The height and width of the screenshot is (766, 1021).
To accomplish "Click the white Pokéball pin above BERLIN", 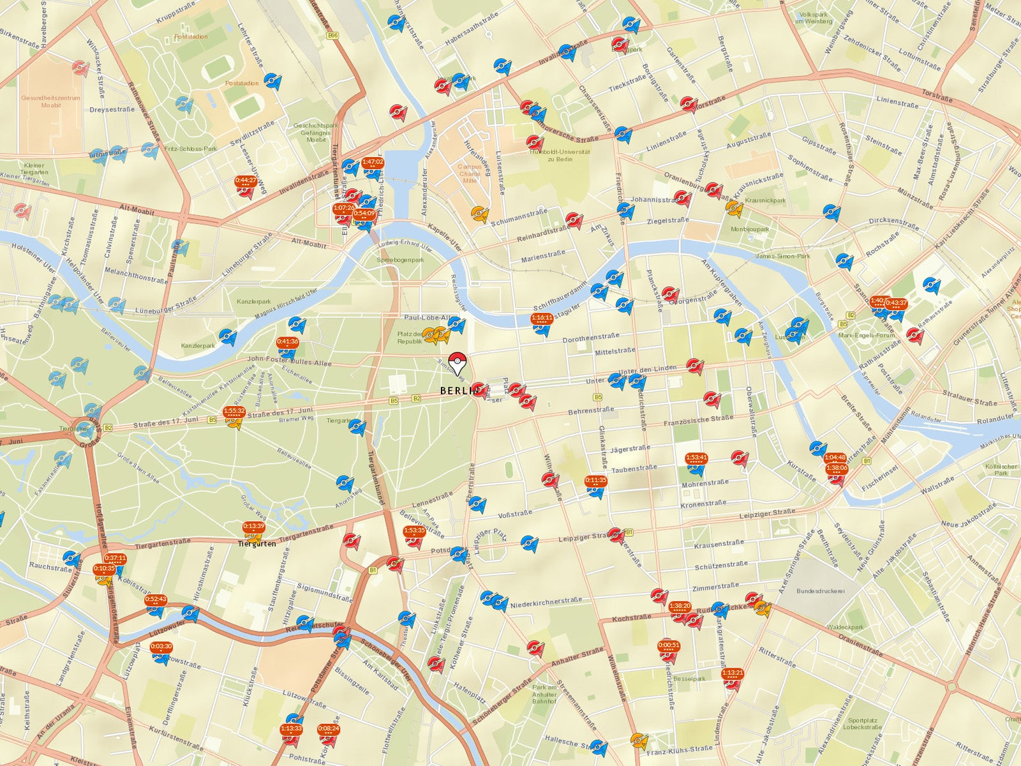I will [x=457, y=362].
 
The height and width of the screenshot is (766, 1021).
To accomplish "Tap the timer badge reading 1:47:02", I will [x=373, y=162].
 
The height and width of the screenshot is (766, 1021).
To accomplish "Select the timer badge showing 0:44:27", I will [x=246, y=181].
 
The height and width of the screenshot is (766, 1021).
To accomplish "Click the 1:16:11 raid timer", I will [x=542, y=317].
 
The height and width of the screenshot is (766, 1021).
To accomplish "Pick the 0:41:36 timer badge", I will [x=288, y=342].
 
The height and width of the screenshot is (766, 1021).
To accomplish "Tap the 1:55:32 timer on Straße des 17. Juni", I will [x=234, y=411].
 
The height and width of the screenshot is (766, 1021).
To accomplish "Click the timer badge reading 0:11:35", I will [x=596, y=480].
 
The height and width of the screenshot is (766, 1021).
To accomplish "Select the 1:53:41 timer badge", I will [x=696, y=458].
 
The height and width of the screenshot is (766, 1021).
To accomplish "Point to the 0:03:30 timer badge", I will [x=161, y=646].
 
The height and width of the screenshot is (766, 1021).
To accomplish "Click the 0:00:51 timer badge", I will [x=669, y=645].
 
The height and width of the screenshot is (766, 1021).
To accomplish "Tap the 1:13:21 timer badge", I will [x=733, y=672].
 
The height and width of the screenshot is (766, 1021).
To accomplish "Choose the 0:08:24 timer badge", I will [x=329, y=728].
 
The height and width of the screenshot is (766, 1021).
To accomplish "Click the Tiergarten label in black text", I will [x=257, y=544].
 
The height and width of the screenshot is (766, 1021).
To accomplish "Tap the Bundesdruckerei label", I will [x=820, y=591].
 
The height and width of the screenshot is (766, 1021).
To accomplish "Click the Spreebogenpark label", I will [x=400, y=260].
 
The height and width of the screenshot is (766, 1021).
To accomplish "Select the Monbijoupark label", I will [x=750, y=229].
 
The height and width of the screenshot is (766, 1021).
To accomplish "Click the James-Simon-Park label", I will [x=782, y=256].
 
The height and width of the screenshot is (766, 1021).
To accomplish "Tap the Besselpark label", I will [x=689, y=679].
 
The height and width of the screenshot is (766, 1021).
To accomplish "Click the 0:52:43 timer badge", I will [x=156, y=599].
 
